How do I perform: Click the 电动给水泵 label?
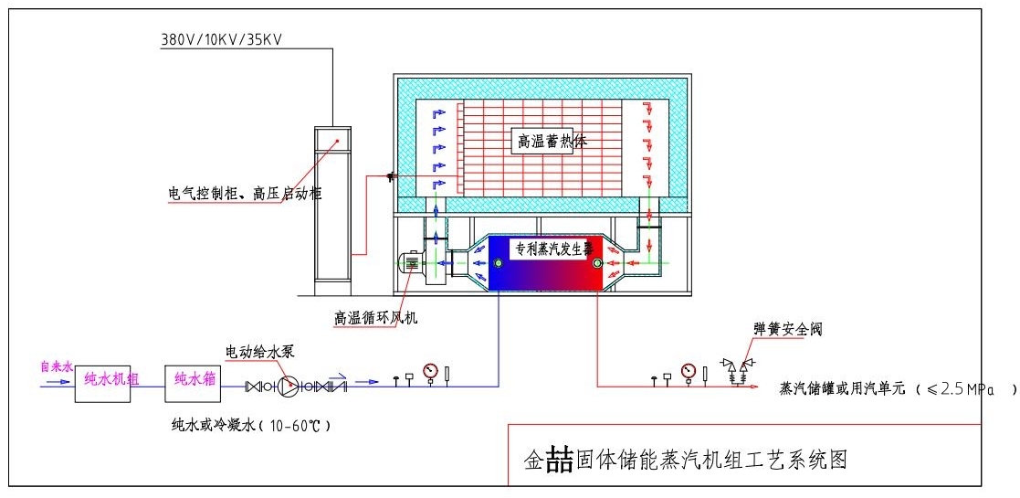(261, 351)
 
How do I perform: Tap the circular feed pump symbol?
(287, 386)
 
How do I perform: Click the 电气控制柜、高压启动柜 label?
(246, 194)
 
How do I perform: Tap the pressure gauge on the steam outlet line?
(688, 371)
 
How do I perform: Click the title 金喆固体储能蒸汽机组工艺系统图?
(685, 460)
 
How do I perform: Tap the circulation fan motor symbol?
(412, 263)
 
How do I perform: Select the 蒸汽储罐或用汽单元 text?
(841, 388)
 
